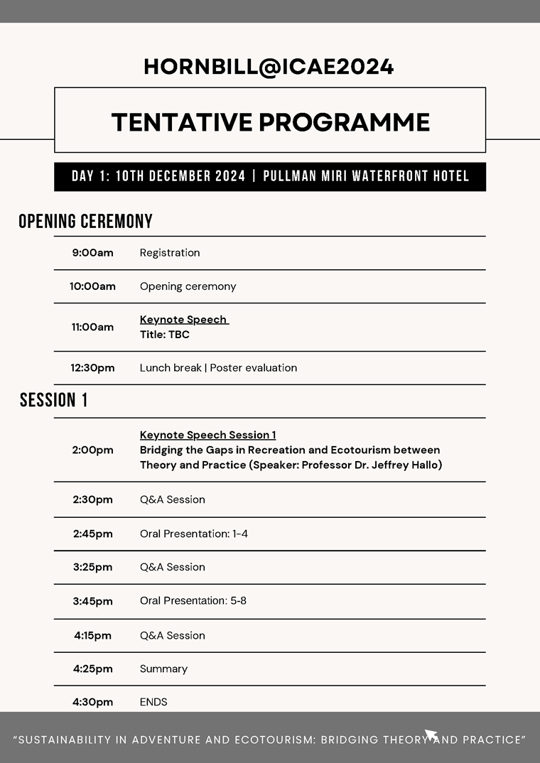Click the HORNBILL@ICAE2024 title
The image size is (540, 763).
pos(269,67)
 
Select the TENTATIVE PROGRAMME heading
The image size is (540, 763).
pos(270,122)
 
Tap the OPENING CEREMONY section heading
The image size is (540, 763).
pos(85,222)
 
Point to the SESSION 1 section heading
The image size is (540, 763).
pos(54,401)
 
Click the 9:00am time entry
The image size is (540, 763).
pos(92,253)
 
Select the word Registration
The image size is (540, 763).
pos(170,253)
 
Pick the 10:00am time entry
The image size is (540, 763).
pos(92,287)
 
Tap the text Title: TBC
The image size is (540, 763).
pos(165,335)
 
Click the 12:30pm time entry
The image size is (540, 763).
pos(92,368)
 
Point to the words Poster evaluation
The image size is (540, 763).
pos(253,368)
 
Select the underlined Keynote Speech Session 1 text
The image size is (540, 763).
pos(207,435)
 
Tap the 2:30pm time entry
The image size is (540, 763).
pos(92,499)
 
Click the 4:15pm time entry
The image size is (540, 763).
pos(92,636)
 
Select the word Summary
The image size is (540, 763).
pos(163,669)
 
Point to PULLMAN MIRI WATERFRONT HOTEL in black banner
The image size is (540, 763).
pos(366,177)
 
